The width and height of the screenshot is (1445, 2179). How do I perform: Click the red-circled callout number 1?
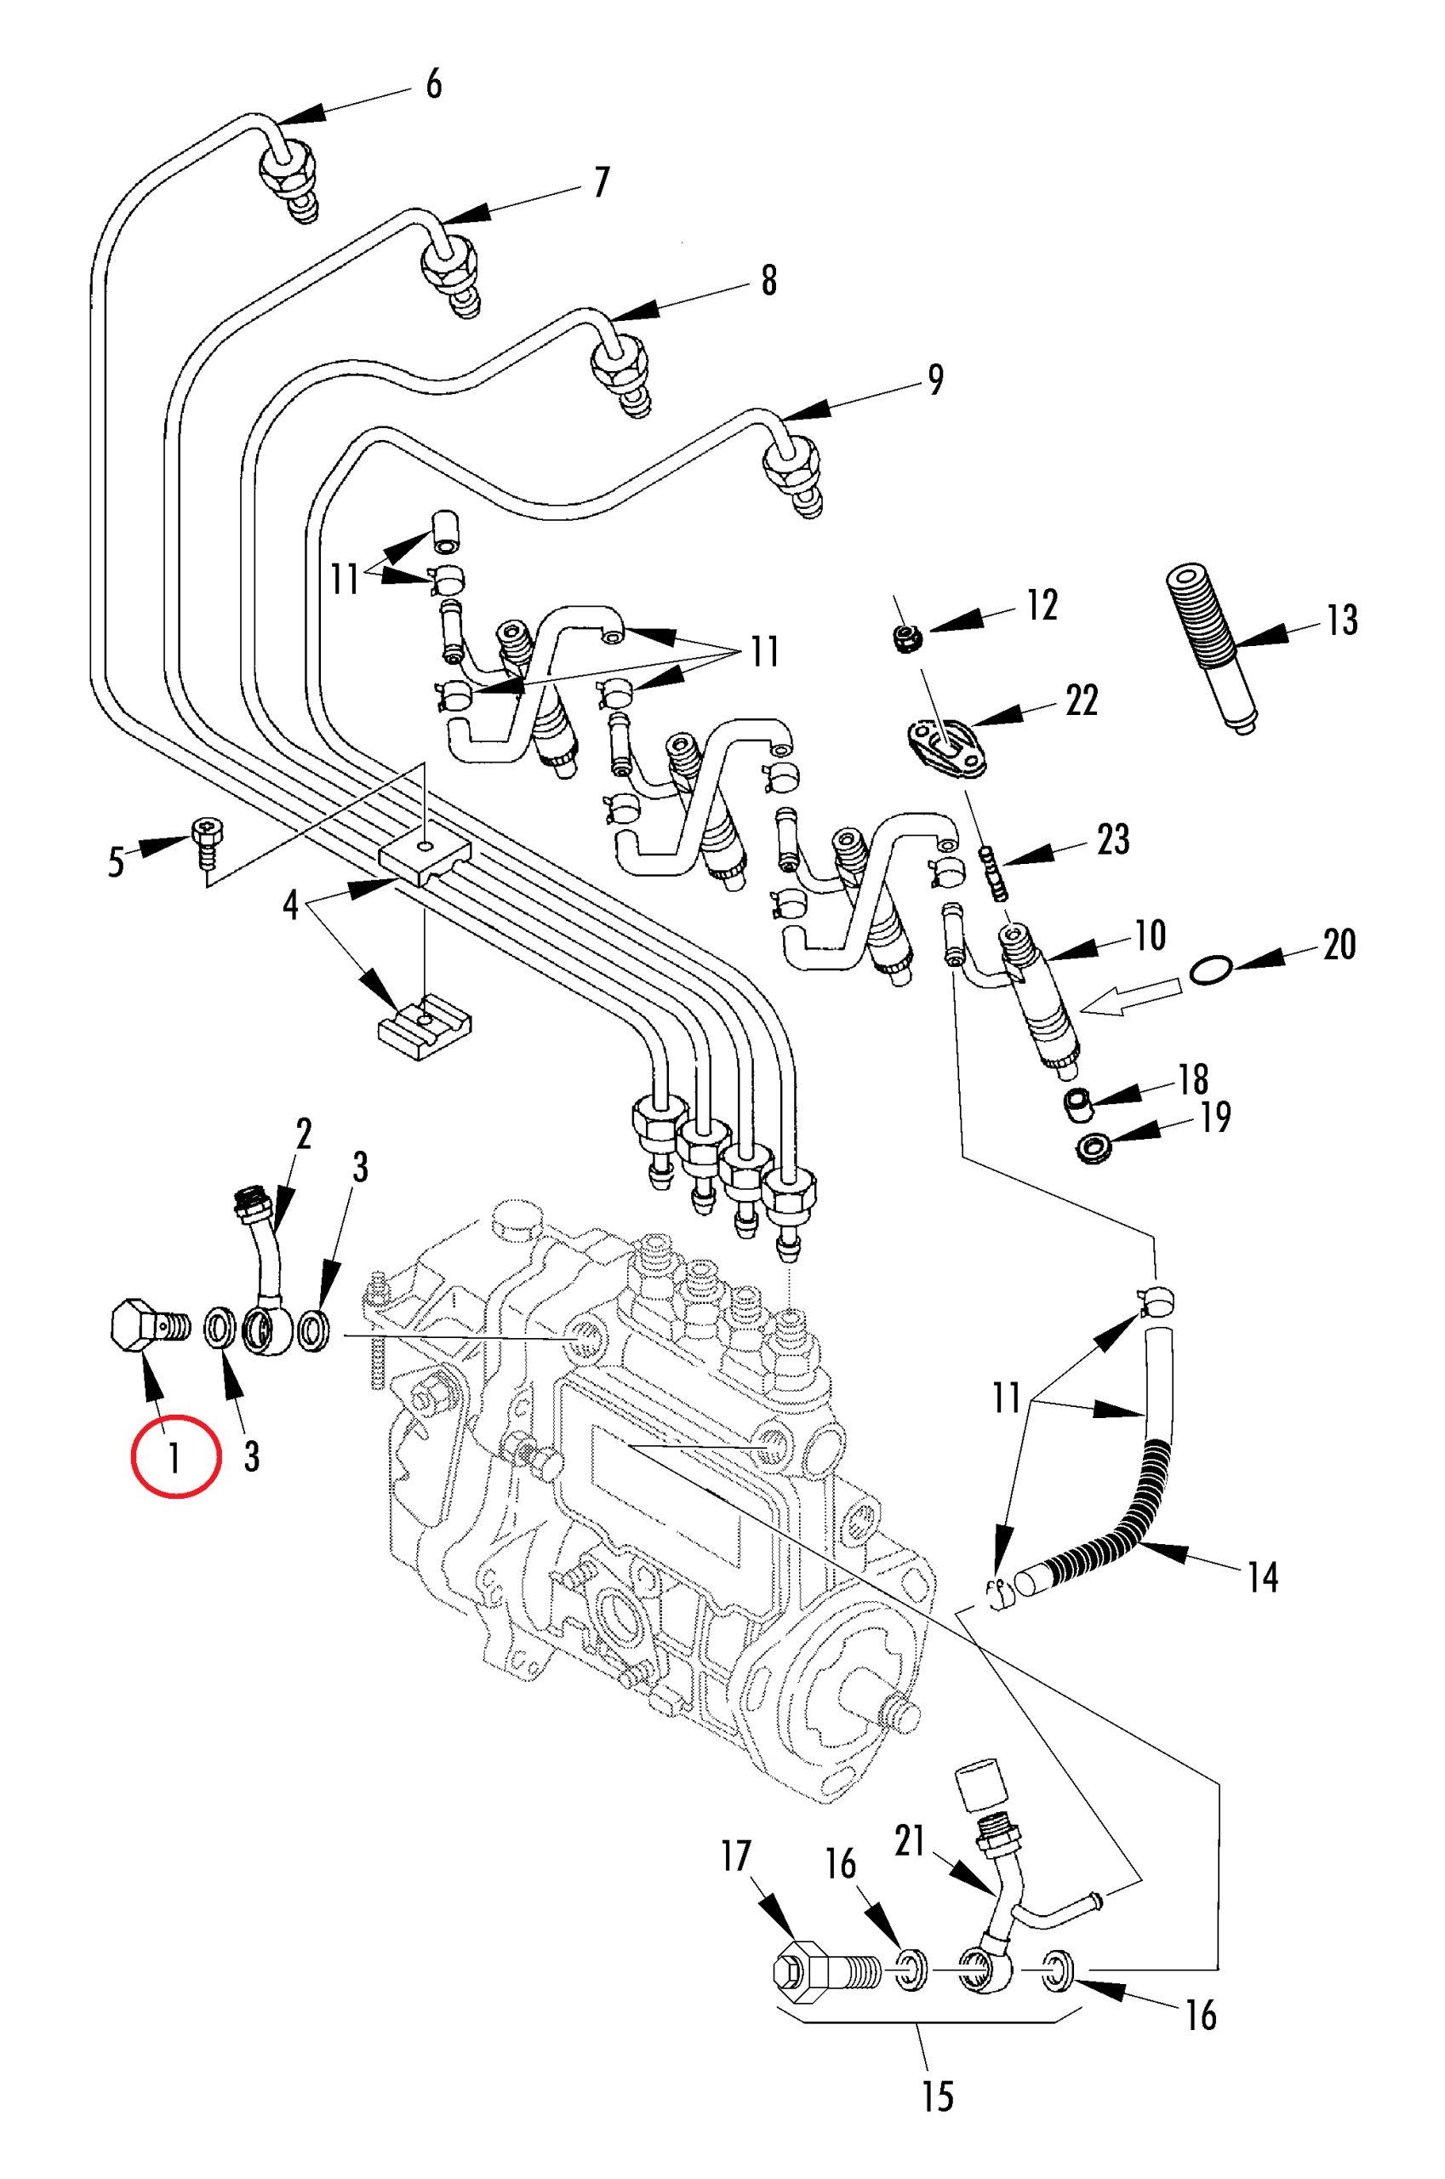click(174, 1457)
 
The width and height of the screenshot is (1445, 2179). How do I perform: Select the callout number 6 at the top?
click(433, 84)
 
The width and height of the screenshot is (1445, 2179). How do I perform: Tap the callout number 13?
click(1342, 621)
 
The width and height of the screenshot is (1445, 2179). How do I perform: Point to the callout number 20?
click(1339, 945)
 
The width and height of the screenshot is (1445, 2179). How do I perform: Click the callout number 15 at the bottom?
click(937, 2096)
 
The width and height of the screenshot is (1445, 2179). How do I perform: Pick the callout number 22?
click(1082, 701)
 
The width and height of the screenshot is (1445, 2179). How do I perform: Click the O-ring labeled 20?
click(1210, 969)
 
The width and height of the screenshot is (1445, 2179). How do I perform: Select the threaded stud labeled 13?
click(1211, 645)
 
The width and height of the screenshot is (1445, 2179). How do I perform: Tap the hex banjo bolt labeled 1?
click(149, 1326)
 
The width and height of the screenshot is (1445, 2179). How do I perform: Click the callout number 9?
click(935, 380)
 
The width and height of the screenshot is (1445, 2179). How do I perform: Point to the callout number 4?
click(290, 905)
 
